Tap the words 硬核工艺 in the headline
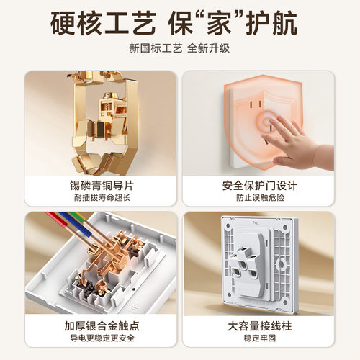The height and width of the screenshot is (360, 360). pyautogui.click(x=102, y=24)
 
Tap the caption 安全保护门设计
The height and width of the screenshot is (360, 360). pyautogui.click(x=258, y=185)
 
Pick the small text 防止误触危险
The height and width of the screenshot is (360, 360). pyautogui.click(x=258, y=198)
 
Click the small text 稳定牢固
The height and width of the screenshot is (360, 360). pyautogui.click(x=258, y=340)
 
